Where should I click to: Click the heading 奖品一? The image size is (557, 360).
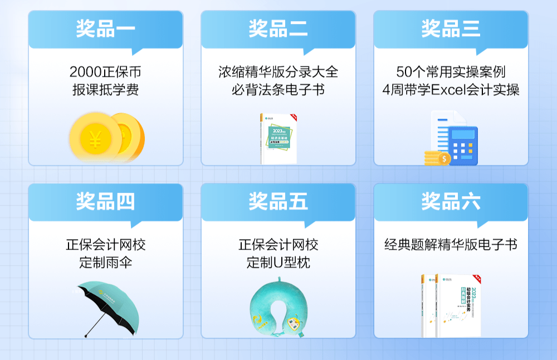105,28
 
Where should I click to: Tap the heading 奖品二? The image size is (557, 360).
278,28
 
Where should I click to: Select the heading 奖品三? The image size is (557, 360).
451,28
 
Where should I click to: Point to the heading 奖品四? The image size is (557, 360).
105,201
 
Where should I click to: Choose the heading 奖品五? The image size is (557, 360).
278,201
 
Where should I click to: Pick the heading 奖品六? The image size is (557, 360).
451,201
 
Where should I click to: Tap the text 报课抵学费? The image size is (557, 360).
105,90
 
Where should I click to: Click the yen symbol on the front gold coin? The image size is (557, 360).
95,139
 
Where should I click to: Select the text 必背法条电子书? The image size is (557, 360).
278,90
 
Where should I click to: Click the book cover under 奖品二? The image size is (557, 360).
278,139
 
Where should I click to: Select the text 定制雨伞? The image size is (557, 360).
105,262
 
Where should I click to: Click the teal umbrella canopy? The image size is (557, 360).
106,298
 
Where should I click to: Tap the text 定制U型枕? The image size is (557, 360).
278,262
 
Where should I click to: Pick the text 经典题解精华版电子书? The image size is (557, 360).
451,245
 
